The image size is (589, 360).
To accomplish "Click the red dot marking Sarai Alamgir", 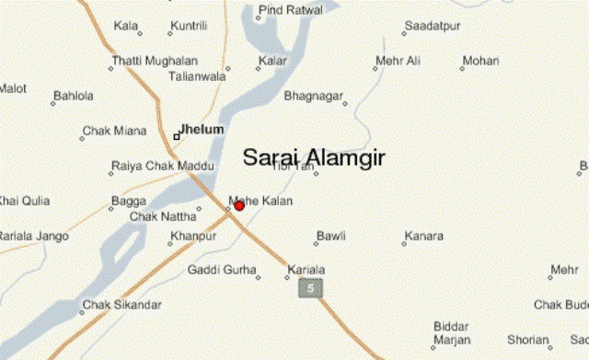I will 239,205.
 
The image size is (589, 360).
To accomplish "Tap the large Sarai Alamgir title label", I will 314,157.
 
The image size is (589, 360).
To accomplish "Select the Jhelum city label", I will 202,130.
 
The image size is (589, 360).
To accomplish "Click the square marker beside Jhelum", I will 177,136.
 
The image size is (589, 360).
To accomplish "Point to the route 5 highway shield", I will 310,289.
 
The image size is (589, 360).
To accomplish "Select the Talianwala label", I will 197,77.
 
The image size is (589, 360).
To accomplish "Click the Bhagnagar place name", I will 313,95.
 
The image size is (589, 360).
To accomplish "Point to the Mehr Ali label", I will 398,61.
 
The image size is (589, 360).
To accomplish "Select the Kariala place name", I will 306,269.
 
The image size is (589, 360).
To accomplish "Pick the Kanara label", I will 423,236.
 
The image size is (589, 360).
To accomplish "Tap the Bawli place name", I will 330,236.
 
